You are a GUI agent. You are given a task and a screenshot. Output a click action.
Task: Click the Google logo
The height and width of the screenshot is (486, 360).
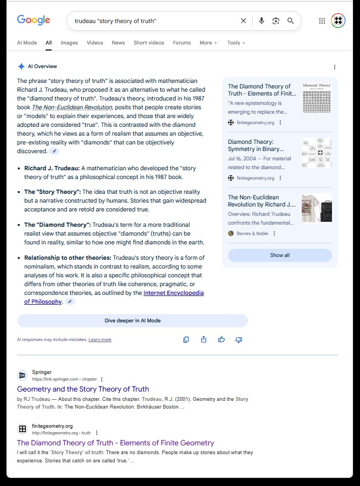(x=34, y=20)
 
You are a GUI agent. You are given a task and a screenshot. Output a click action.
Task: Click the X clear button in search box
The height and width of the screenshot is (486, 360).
(x=243, y=21)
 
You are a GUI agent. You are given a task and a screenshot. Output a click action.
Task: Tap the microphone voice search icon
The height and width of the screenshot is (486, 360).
(x=262, y=21)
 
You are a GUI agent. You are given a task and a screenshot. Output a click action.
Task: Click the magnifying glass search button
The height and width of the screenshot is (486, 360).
(x=291, y=21)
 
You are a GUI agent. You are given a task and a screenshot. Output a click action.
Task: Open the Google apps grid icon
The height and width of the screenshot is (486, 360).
(x=322, y=21)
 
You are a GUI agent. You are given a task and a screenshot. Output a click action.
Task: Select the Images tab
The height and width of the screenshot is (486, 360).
(x=69, y=43)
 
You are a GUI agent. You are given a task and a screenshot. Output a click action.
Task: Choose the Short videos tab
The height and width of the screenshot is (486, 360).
(x=148, y=43)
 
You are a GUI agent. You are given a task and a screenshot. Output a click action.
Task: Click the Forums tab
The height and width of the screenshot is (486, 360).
(x=182, y=43)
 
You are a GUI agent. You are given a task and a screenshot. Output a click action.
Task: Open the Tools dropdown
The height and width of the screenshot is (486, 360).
(x=236, y=43)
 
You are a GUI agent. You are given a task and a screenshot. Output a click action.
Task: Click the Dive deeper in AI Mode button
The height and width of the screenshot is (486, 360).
(x=132, y=321)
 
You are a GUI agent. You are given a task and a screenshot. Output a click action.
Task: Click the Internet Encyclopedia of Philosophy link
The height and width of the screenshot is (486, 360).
(x=173, y=293)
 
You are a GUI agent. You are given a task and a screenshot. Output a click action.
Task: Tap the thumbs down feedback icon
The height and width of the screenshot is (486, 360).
(x=239, y=340)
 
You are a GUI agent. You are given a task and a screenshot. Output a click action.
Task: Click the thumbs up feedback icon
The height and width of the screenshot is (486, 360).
(x=221, y=340)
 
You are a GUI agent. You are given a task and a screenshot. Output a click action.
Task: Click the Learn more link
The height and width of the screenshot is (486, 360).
(x=100, y=340)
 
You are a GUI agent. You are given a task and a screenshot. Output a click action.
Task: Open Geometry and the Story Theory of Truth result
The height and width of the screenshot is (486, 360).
(x=83, y=389)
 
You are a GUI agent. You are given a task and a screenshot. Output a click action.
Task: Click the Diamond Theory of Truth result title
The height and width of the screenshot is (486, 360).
(x=115, y=443)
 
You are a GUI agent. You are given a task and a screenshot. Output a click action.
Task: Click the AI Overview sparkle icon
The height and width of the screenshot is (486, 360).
(x=21, y=66)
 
